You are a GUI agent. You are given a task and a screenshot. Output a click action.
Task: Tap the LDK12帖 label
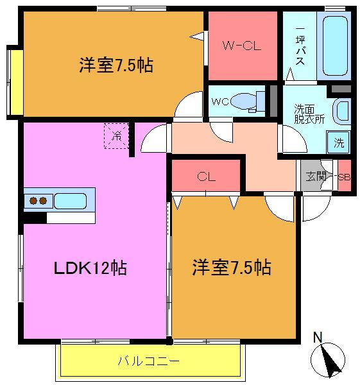click(x=89, y=267)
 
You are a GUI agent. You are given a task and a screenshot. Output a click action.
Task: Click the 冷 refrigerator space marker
click(x=117, y=135)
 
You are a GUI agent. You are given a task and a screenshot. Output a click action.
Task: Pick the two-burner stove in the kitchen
click(x=38, y=200)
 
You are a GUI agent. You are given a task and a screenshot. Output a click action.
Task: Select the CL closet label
click(x=205, y=176)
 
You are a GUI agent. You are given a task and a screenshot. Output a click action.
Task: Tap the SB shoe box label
click(x=344, y=177)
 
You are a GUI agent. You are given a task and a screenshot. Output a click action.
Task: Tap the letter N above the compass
click(x=318, y=337)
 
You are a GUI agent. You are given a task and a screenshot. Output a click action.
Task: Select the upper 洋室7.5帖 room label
click(x=116, y=65)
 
